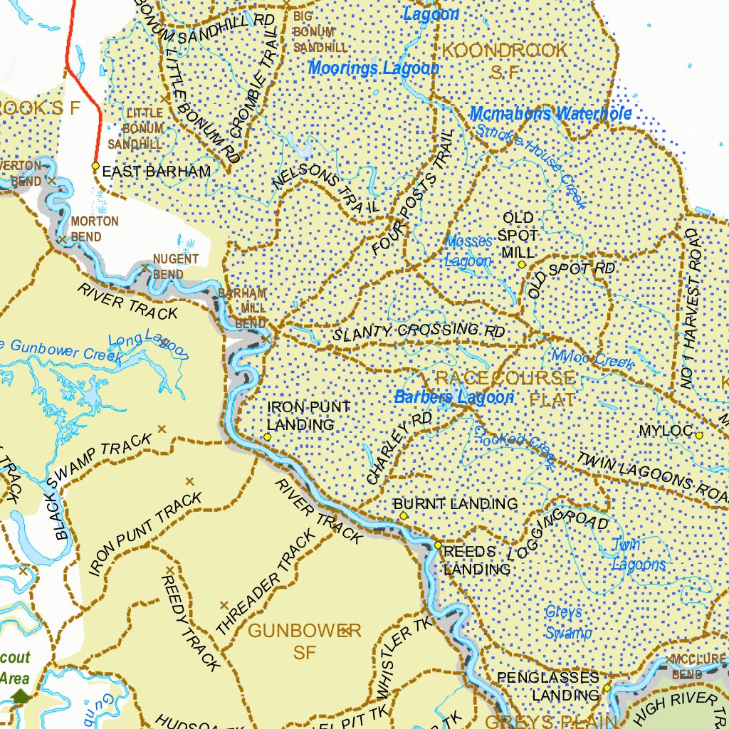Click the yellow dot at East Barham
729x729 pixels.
(95, 166)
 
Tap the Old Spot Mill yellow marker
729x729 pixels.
(522, 264)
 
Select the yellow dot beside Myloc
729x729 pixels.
(699, 435)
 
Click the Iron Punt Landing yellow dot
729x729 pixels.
(267, 436)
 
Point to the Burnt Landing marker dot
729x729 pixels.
(403, 515)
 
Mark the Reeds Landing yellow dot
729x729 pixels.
(438, 545)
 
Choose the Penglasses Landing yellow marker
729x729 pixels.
(607, 688)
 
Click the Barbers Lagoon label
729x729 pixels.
(453, 397)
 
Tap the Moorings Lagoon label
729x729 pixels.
(374, 68)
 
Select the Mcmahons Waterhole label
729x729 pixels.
(550, 113)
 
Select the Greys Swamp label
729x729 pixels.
(567, 622)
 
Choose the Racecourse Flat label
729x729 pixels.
(505, 388)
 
